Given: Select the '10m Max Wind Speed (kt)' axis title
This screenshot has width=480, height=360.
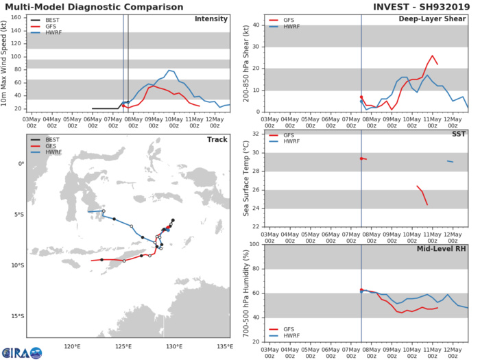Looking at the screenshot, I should [x=8, y=64].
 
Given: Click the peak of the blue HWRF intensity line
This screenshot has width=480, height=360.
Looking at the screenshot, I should [x=169, y=70].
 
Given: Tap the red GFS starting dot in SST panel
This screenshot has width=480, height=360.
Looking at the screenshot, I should [x=361, y=158].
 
